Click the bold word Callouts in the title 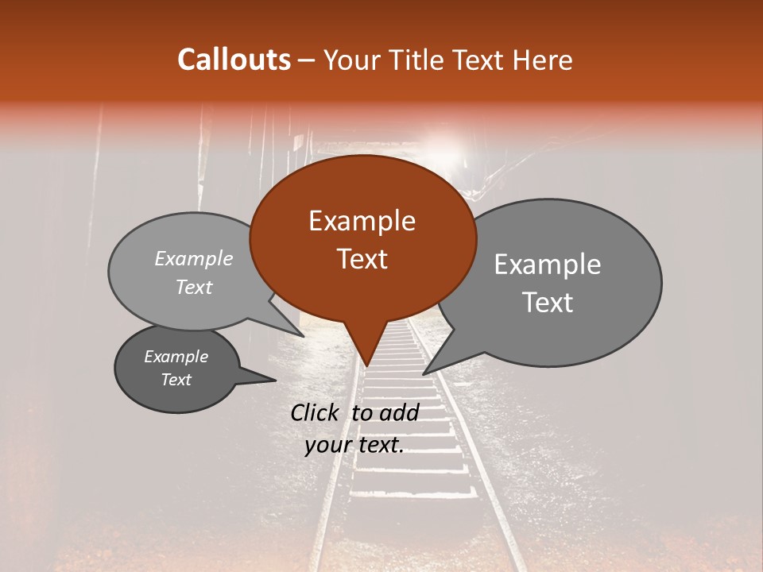(234, 60)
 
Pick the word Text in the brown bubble (362, 258)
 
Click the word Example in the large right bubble (548, 265)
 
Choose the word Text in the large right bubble (548, 303)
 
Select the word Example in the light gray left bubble (194, 258)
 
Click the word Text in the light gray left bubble (194, 287)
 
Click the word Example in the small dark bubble (176, 357)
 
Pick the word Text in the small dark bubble (176, 380)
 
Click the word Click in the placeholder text (316, 412)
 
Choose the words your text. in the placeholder (354, 445)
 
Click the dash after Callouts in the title (308, 60)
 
